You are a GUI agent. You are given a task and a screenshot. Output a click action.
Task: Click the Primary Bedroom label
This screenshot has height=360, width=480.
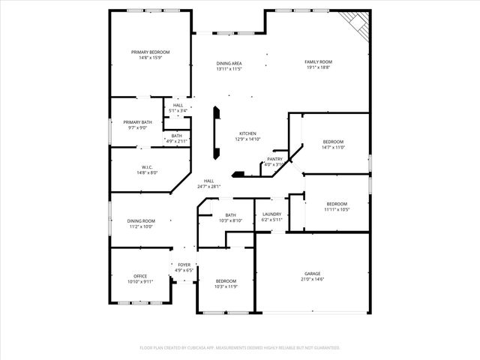(x=150, y=52)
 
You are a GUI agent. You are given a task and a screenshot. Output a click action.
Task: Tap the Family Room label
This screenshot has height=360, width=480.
(x=318, y=61)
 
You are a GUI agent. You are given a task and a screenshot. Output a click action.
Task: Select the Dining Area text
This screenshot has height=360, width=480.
(x=229, y=63)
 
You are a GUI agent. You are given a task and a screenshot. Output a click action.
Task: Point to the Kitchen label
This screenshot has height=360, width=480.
(x=248, y=133)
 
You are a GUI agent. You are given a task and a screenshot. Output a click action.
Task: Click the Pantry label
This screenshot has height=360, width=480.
(x=274, y=159)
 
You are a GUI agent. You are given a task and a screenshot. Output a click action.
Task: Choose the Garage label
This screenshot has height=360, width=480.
(x=312, y=274)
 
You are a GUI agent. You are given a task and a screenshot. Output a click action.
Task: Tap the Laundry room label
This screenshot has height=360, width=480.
(x=271, y=214)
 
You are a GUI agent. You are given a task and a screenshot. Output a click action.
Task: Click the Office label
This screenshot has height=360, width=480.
(x=140, y=276)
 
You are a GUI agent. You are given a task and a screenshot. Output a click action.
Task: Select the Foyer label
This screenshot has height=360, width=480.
(x=184, y=265)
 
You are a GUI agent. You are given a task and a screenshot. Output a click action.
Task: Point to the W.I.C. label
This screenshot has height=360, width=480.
(x=147, y=167)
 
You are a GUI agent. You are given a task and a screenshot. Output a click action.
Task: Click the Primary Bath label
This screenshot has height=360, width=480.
(x=136, y=122)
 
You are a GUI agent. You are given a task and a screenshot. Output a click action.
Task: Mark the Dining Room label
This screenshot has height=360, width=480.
(x=140, y=220)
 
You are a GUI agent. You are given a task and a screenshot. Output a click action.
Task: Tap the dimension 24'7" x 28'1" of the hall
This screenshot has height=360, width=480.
(x=208, y=187)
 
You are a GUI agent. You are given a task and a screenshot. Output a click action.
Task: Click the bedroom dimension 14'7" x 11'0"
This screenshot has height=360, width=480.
(x=333, y=147)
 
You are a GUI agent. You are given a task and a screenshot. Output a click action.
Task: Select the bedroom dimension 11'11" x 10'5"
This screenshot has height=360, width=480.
(x=337, y=209)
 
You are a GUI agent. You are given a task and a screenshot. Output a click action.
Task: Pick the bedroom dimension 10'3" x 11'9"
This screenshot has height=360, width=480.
(x=226, y=286)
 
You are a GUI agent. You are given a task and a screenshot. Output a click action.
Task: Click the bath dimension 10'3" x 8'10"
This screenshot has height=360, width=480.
(x=230, y=220)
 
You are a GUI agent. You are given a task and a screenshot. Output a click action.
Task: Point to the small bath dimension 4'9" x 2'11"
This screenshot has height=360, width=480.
(x=176, y=141)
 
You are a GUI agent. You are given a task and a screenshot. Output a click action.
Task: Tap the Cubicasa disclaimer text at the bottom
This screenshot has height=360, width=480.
(x=240, y=347)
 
